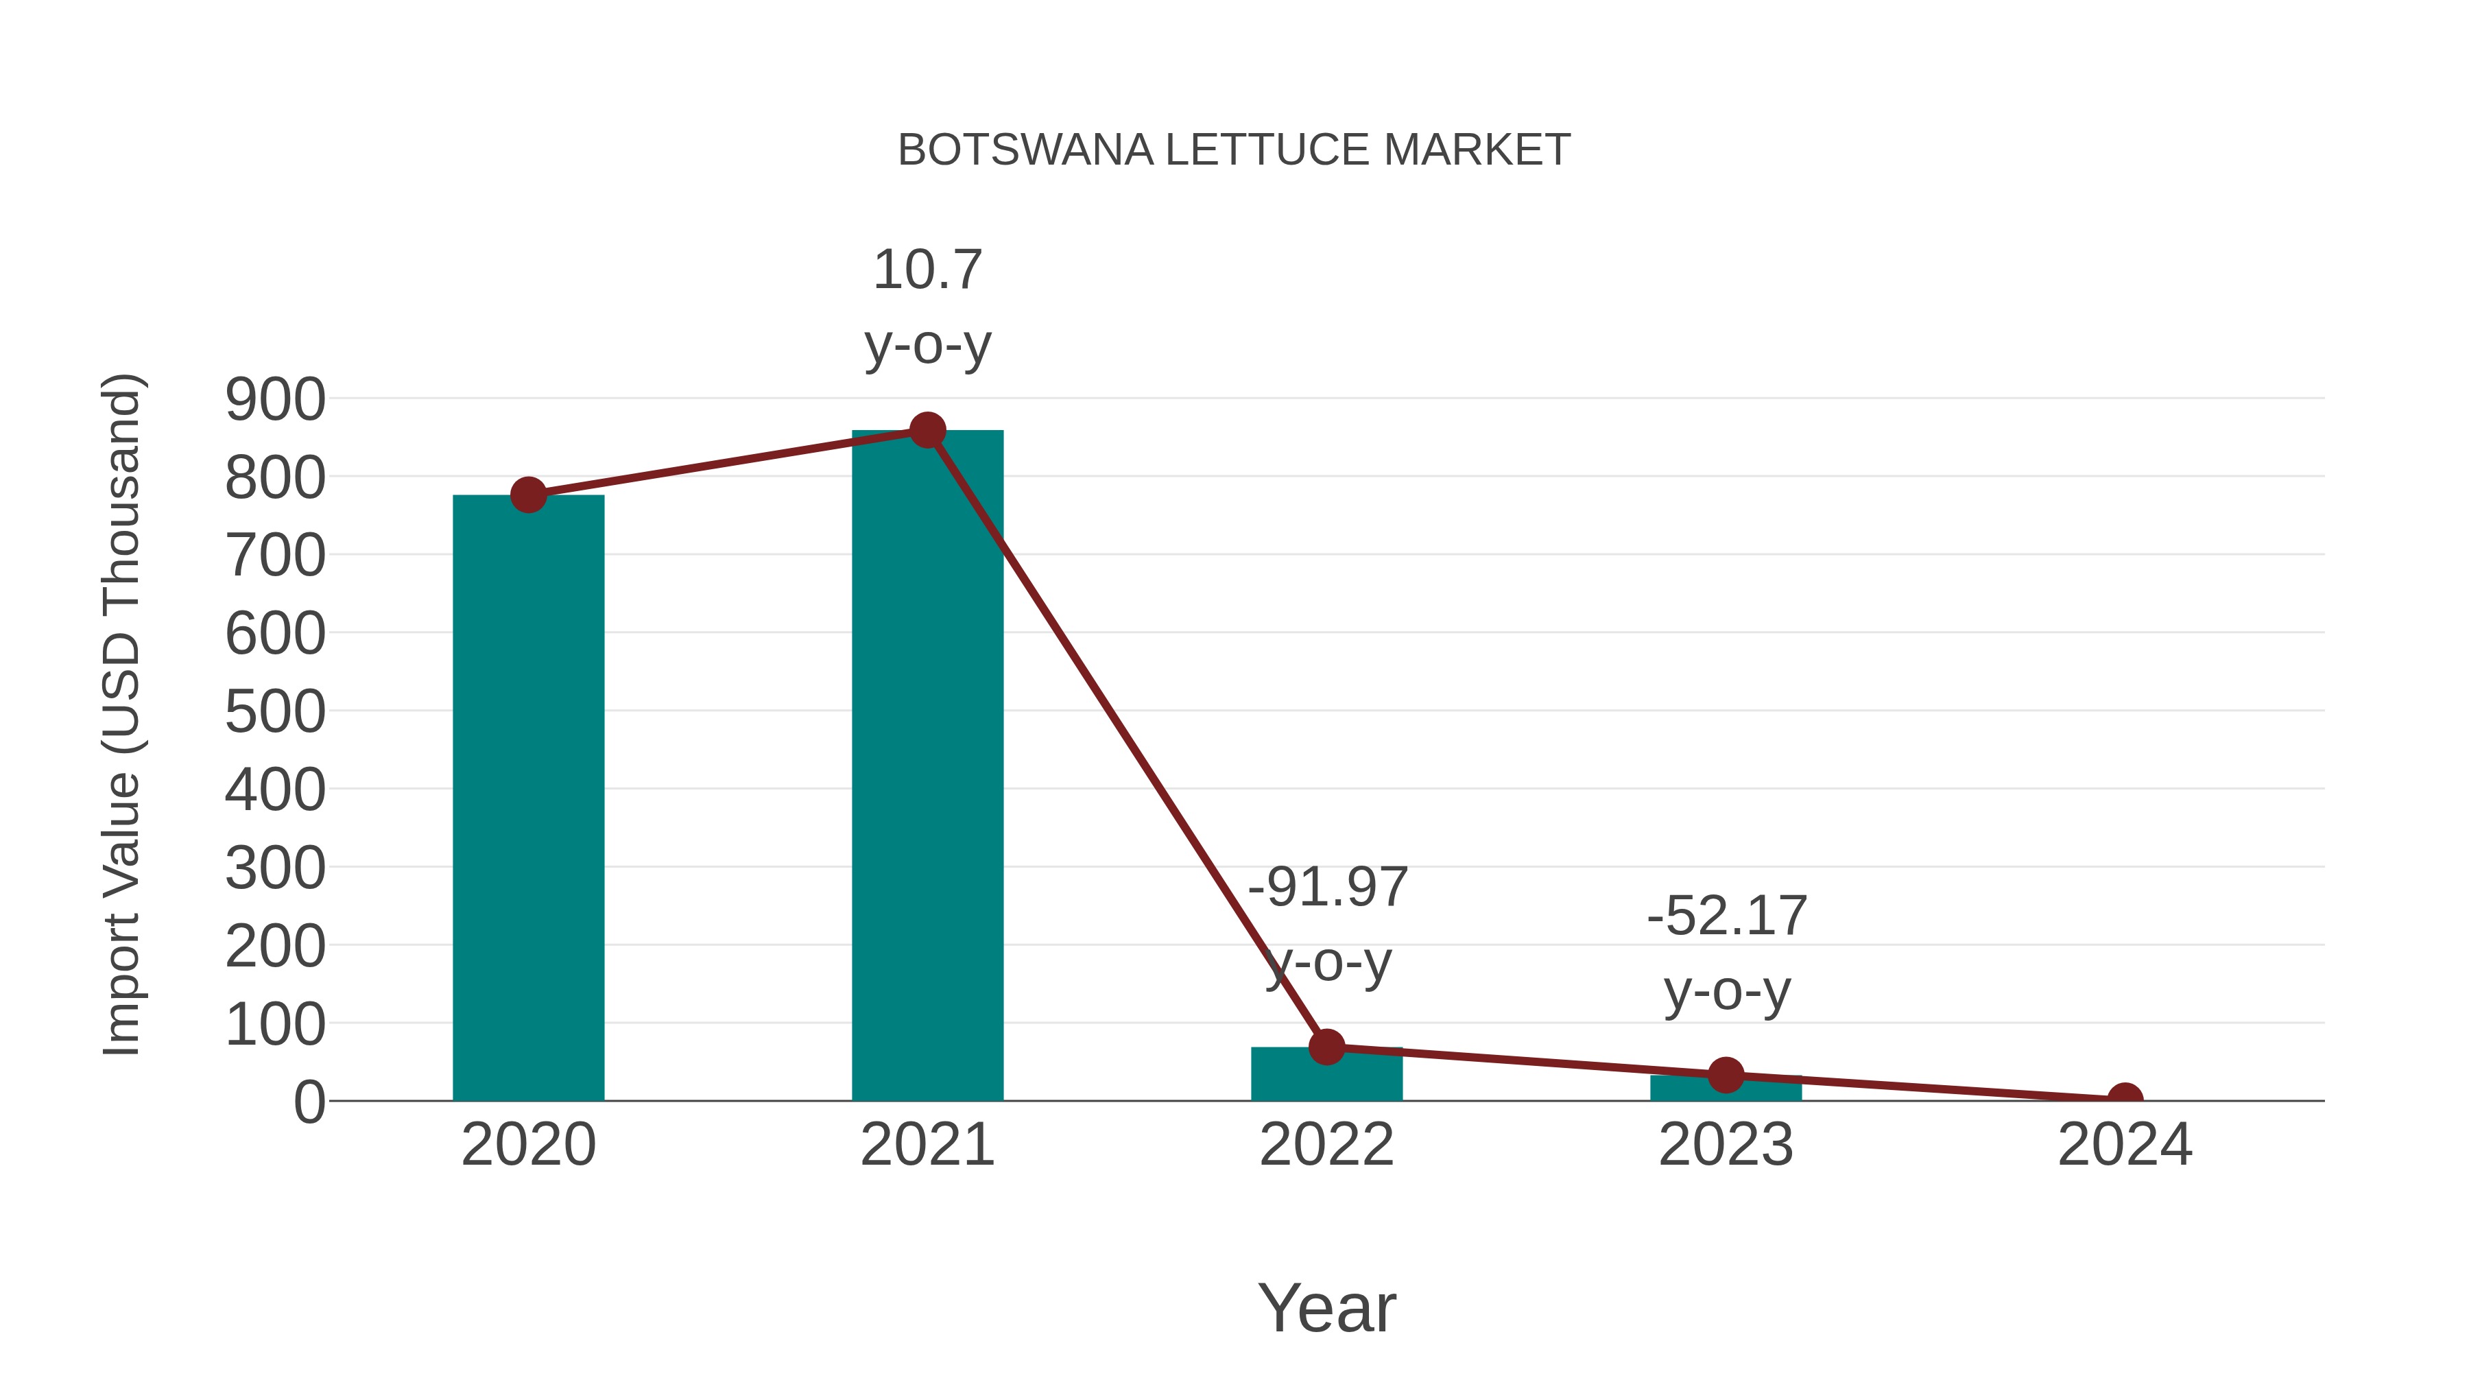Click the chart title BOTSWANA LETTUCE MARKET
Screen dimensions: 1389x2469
pos(1234,150)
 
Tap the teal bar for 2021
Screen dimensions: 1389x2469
pos(927,767)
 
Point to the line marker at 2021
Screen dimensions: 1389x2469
pos(927,430)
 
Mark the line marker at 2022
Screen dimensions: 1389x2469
pos(1326,1047)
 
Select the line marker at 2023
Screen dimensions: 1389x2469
pos(1726,1076)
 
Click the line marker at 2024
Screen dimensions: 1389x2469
pos(2125,1099)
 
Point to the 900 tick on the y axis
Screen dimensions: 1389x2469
pos(275,400)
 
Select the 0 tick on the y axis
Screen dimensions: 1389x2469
pos(309,1102)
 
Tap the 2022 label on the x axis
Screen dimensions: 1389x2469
pos(1326,1145)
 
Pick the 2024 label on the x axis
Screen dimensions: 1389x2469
pos(2125,1145)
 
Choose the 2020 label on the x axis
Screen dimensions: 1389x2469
pos(528,1145)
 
